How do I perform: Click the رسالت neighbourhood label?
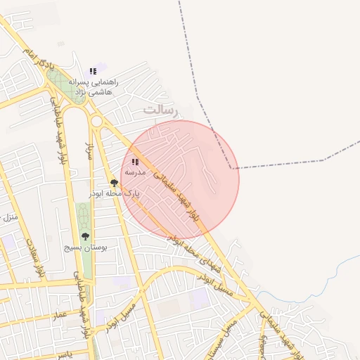pyautogui.click(x=161, y=110)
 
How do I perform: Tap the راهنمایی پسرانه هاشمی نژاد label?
pyautogui.click(x=95, y=86)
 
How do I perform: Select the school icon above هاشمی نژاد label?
pyautogui.click(x=93, y=71)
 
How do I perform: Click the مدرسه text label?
pyautogui.click(x=134, y=172)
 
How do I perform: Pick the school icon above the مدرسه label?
pyautogui.click(x=134, y=162)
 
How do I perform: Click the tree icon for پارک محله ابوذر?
pyautogui.click(x=114, y=183)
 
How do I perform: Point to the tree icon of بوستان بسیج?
pyautogui.click(x=85, y=237)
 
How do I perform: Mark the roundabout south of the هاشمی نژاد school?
pyautogui.click(x=96, y=121)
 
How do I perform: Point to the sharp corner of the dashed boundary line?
pyautogui.click(x=233, y=168)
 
